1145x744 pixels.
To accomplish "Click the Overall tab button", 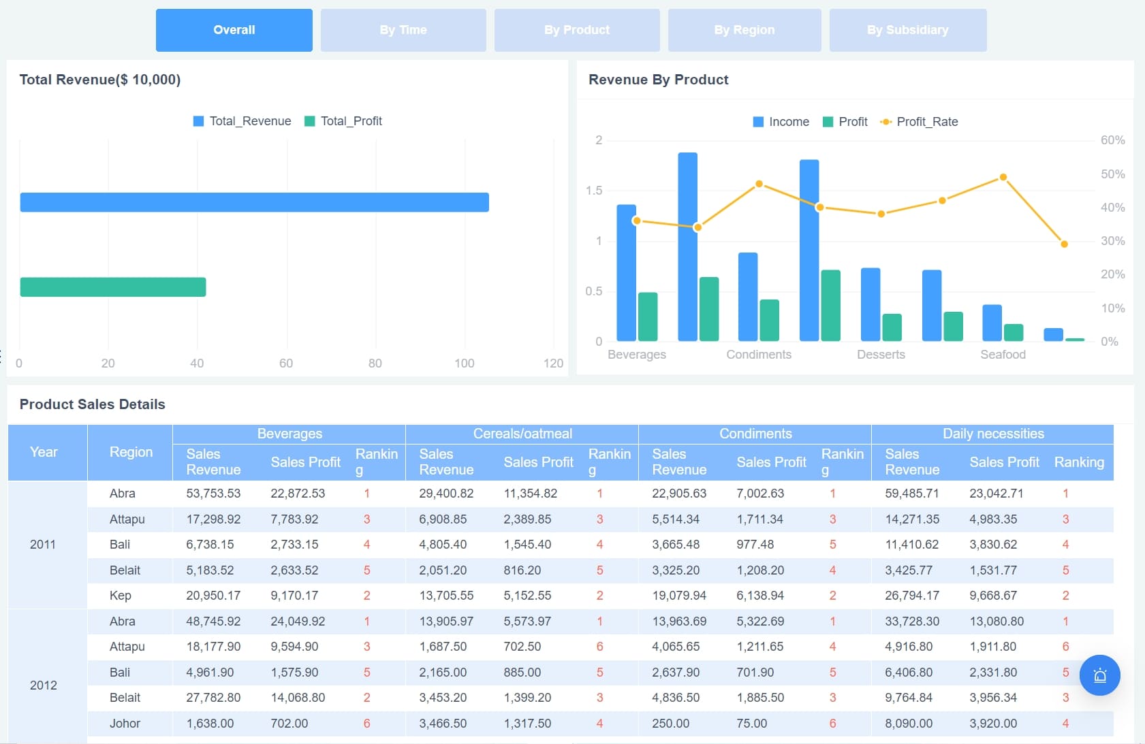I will pyautogui.click(x=234, y=30).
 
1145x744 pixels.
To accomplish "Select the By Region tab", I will pyautogui.click(x=744, y=30).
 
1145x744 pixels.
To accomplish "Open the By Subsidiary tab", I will pyautogui.click(x=907, y=30).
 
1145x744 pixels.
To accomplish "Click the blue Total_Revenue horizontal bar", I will pyautogui.click(x=254, y=202).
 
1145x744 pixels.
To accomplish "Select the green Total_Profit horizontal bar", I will pyautogui.click(x=113, y=287).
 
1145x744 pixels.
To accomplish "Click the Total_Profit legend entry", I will pyautogui.click(x=343, y=121).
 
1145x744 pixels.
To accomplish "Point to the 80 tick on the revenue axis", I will pyautogui.click(x=375, y=363).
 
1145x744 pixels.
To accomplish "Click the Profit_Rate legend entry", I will pyautogui.click(x=919, y=122).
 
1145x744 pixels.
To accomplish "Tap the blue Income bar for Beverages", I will pyautogui.click(x=626, y=272).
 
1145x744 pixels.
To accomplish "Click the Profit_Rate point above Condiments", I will pyautogui.click(x=759, y=184).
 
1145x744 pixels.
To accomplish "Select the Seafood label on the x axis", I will pyautogui.click(x=1003, y=355).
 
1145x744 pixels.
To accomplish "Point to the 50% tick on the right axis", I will pyautogui.click(x=1112, y=174).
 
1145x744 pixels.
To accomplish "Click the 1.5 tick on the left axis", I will pyautogui.click(x=594, y=191).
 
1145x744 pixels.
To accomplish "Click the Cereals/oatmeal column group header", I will pyautogui.click(x=522, y=434).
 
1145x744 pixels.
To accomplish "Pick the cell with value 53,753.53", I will pyautogui.click(x=213, y=494).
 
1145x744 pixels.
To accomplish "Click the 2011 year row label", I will pyautogui.click(x=43, y=545).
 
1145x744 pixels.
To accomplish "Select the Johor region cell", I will pyautogui.click(x=125, y=724).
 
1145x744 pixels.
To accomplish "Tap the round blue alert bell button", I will pyautogui.click(x=1099, y=675).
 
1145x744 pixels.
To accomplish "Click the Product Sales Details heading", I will pyautogui.click(x=93, y=404).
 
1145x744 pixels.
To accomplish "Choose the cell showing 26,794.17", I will pyautogui.click(x=912, y=596).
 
